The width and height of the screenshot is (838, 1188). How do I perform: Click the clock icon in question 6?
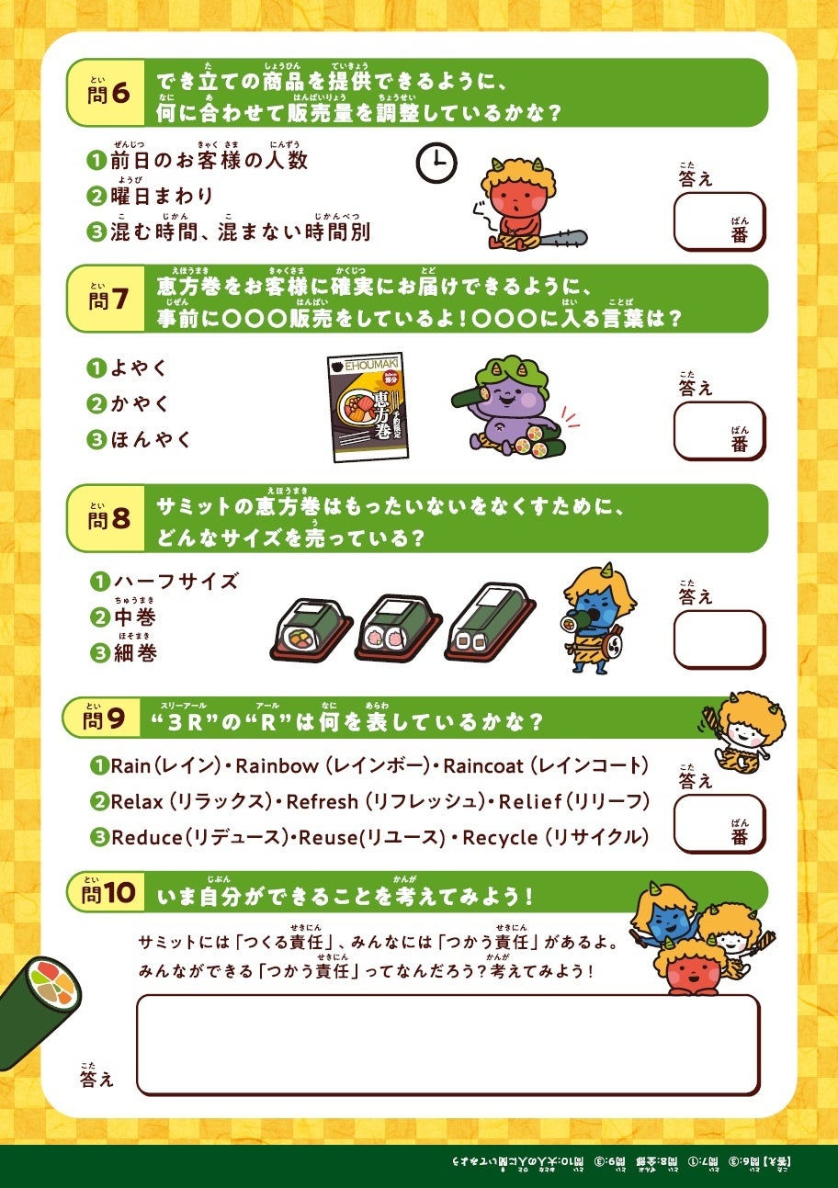(436, 163)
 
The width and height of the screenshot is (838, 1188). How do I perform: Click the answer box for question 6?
(719, 221)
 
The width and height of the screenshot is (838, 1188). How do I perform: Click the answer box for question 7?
(719, 430)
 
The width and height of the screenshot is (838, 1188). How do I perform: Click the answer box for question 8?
(719, 639)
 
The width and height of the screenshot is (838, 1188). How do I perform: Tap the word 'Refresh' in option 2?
(322, 801)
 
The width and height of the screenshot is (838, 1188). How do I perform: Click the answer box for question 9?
(719, 823)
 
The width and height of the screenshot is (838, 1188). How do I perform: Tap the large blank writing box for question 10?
(447, 1044)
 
